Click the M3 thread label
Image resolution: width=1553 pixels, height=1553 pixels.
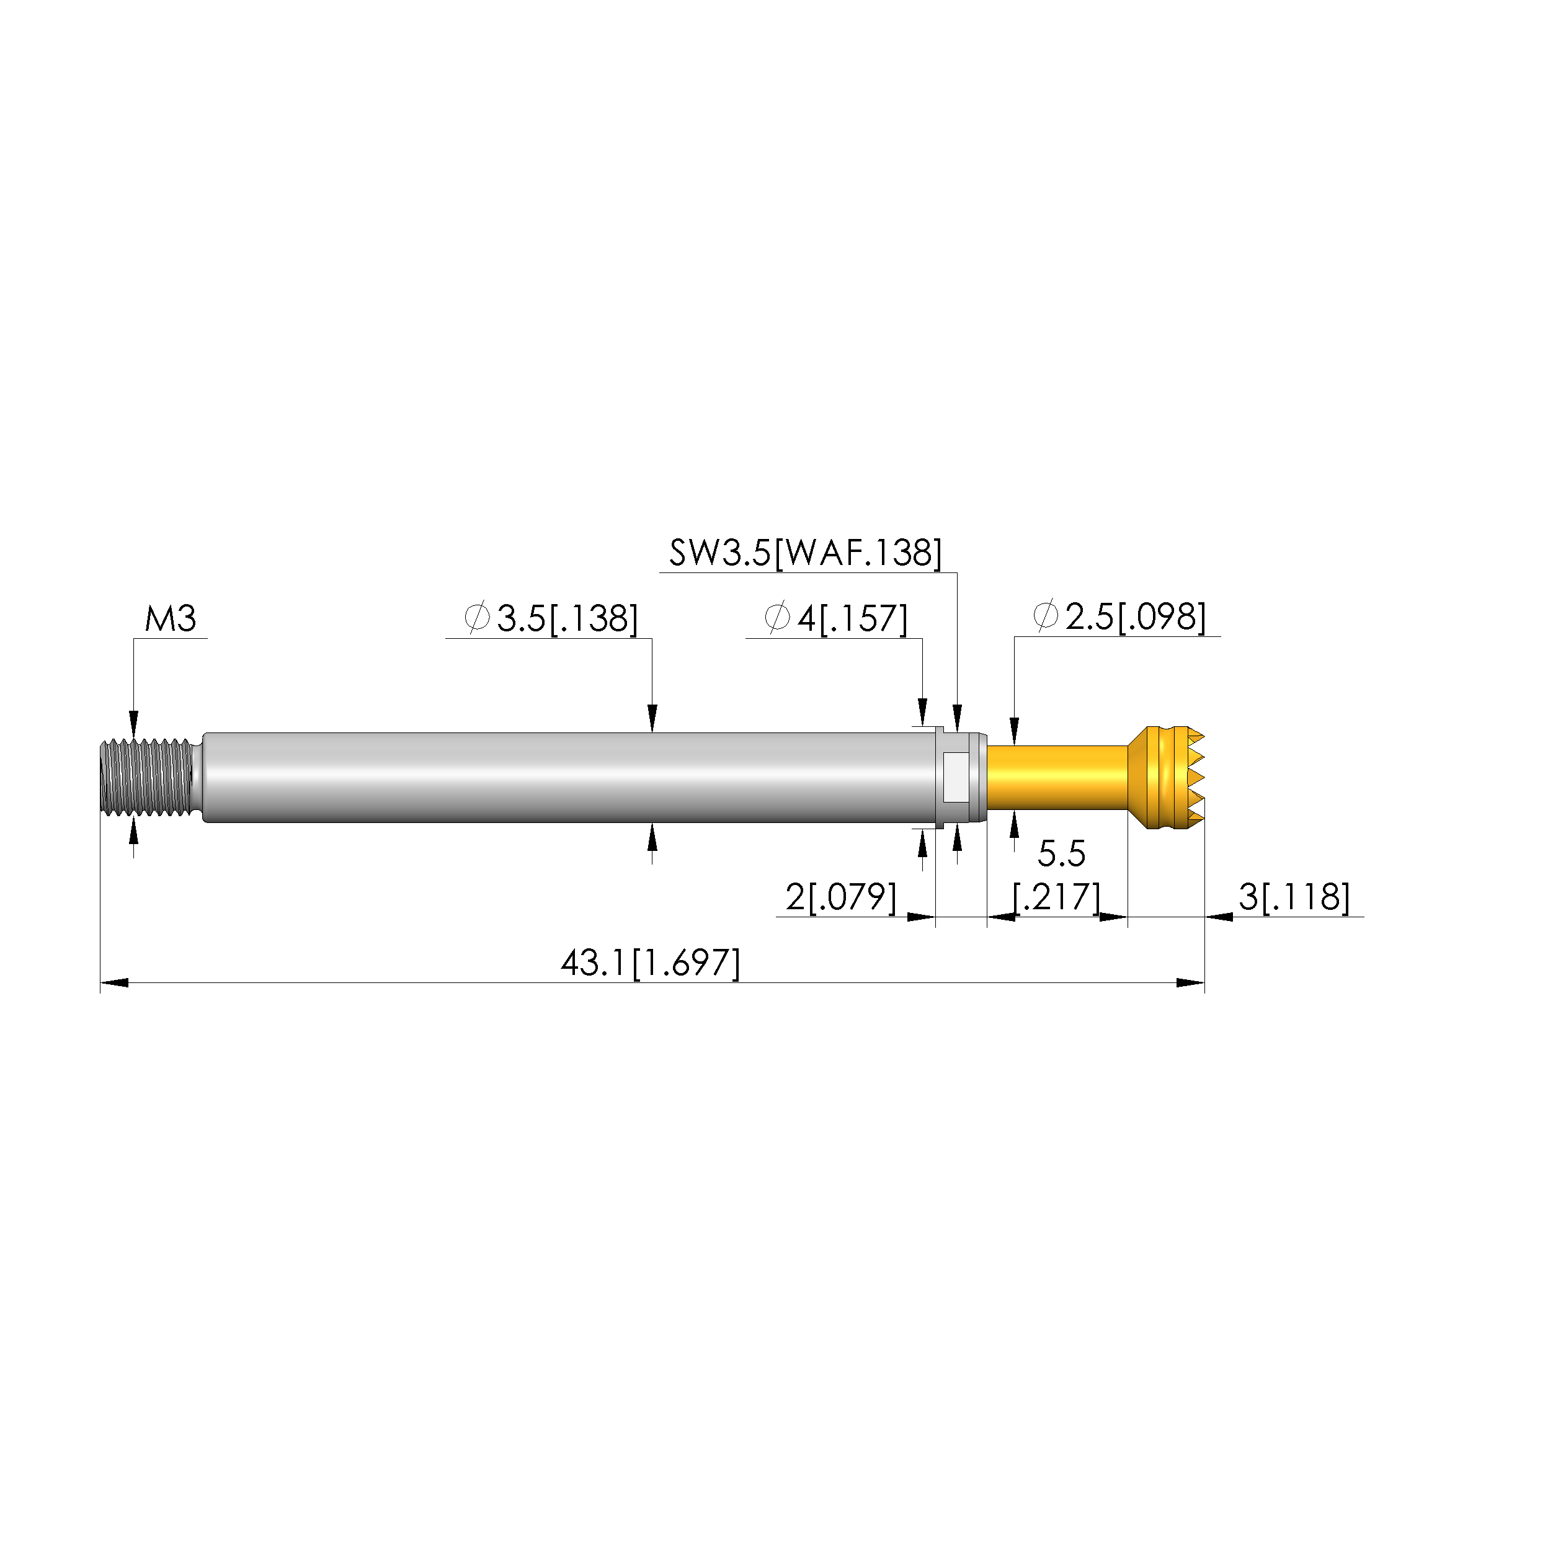171,620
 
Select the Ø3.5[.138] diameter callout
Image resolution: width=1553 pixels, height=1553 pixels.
551,618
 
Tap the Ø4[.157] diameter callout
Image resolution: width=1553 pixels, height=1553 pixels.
836,618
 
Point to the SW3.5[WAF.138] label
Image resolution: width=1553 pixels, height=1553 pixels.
806,553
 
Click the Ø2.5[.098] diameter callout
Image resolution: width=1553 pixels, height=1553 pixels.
1119,616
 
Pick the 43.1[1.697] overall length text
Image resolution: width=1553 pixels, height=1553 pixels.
651,963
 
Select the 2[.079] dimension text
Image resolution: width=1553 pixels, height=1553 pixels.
841,897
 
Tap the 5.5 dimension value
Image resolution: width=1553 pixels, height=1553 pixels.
1061,853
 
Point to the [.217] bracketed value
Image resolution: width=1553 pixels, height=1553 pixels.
1056,897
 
